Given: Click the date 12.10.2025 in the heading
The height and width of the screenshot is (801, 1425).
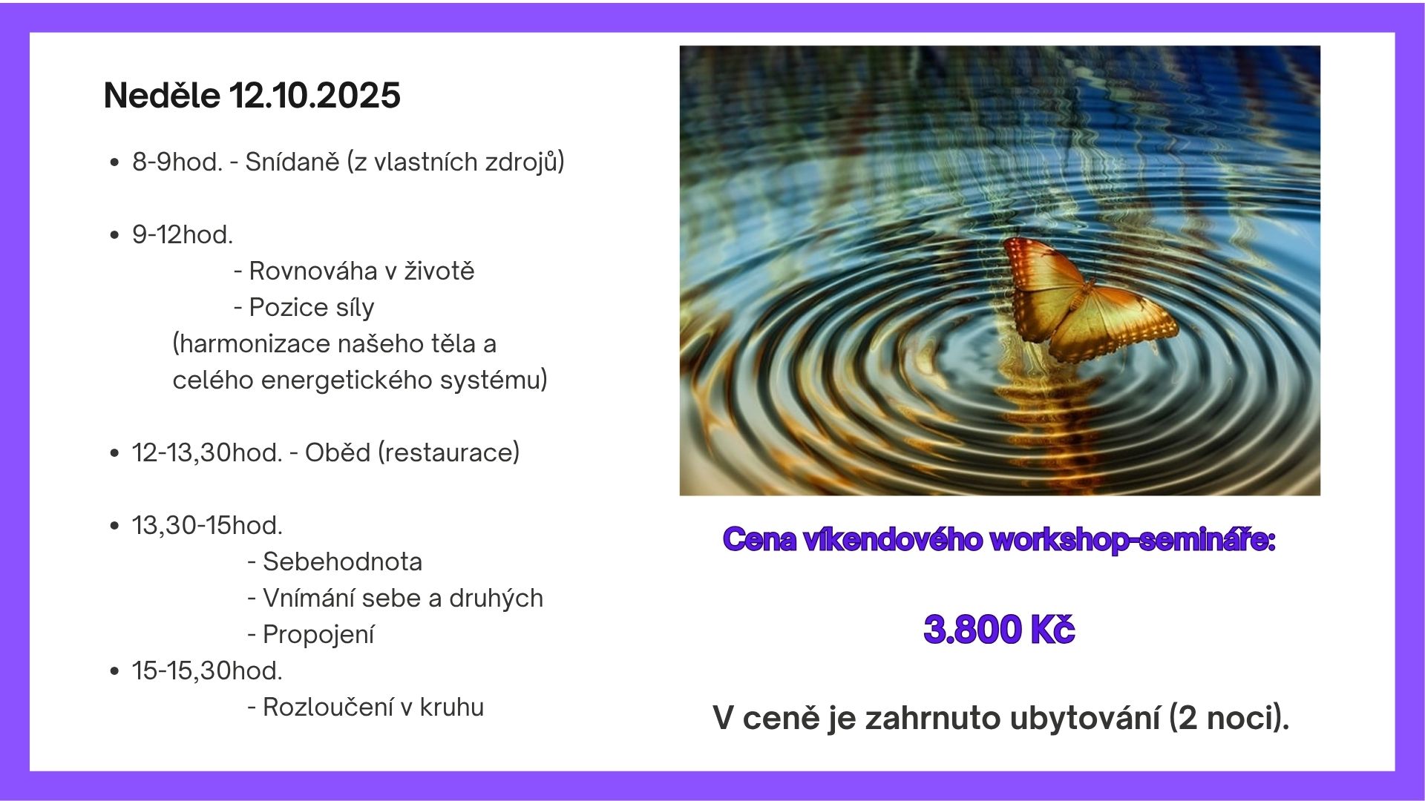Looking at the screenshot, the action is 315,96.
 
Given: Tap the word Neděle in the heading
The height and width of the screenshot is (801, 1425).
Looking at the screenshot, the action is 162,96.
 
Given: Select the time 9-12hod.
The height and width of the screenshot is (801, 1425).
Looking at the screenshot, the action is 183,234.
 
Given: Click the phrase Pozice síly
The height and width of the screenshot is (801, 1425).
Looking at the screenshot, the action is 312,308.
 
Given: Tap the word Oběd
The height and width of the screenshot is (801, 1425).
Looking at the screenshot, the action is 338,452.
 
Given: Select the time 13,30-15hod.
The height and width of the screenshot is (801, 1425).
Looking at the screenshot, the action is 207,526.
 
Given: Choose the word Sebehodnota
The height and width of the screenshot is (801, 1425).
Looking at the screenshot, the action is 343,561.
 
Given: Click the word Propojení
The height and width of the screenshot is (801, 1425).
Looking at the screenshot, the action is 318,635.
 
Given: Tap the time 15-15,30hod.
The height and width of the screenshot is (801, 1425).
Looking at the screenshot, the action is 207,671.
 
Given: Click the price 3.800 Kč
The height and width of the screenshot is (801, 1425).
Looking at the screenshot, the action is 999,630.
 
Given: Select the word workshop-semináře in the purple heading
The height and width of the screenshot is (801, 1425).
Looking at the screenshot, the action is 1133,540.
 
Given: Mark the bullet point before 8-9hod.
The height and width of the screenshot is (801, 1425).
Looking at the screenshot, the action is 114,162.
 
